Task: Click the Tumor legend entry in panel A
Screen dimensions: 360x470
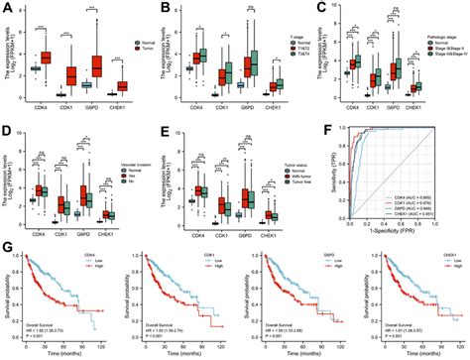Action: (145, 49)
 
